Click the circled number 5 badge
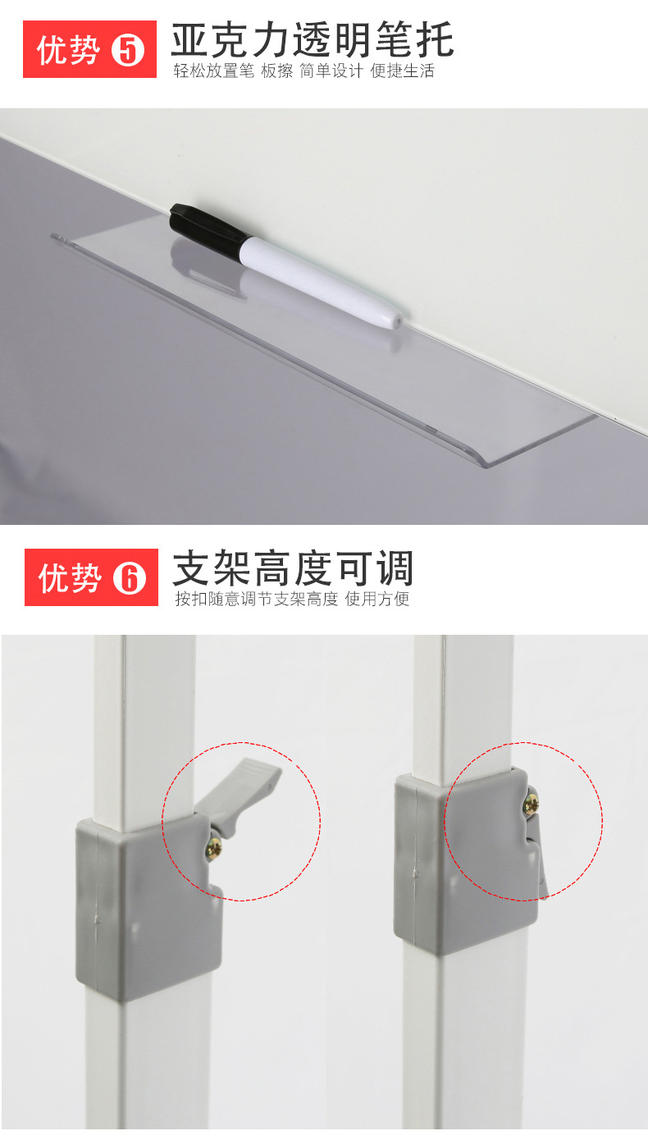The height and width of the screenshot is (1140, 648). (127, 51)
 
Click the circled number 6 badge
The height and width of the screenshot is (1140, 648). (129, 578)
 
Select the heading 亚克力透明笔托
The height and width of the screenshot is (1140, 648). (312, 39)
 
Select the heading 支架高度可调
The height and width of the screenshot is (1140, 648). (293, 568)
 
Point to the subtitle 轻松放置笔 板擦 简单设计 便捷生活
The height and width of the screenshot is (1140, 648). (303, 71)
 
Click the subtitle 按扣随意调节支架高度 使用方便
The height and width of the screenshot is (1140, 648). (292, 599)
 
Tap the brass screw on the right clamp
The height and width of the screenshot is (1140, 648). (531, 805)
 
